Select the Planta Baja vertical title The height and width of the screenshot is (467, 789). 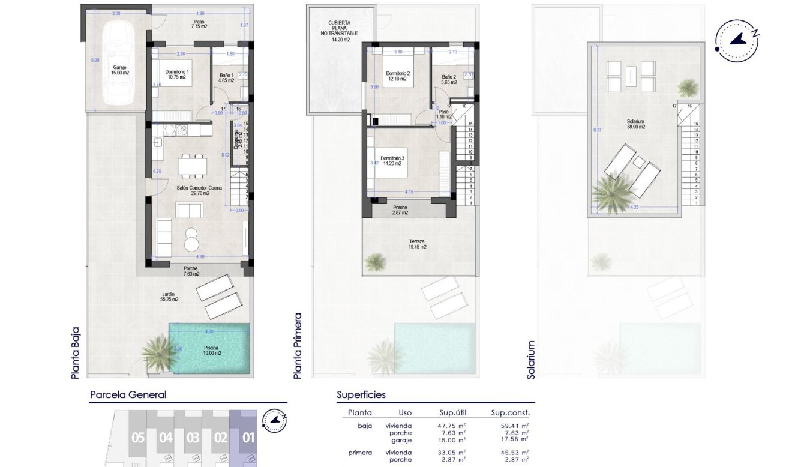point(75,352)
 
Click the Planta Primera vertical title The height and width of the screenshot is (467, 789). point(297,345)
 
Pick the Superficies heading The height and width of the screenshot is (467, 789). point(361,394)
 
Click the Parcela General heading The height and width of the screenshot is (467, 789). point(128,394)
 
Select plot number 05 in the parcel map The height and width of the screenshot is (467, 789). point(138,438)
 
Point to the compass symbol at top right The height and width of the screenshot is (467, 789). point(737,40)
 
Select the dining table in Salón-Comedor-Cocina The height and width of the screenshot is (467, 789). point(193,165)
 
